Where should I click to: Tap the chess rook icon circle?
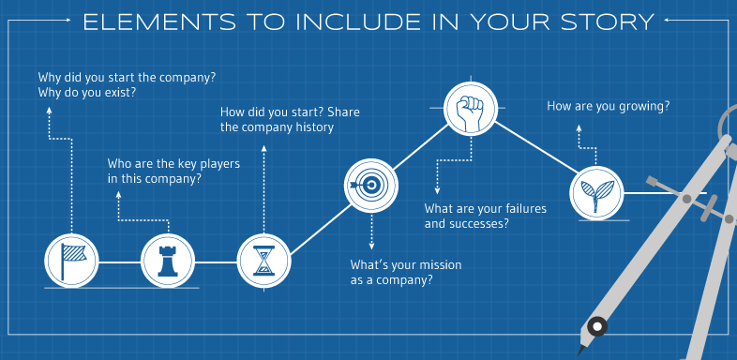(x=166, y=257)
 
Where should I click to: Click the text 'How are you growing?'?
(x=608, y=107)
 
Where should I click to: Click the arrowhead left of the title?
(x=73, y=21)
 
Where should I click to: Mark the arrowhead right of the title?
(x=665, y=21)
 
